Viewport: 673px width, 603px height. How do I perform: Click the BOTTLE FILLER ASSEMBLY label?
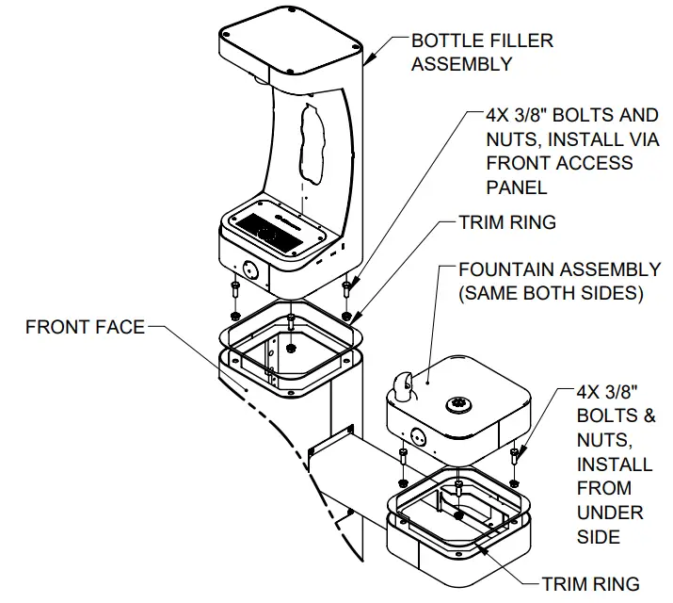(x=482, y=53)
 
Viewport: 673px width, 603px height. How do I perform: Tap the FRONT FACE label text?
(x=85, y=327)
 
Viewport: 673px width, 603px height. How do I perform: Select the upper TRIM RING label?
(x=506, y=222)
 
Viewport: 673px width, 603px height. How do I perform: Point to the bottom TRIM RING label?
(x=590, y=583)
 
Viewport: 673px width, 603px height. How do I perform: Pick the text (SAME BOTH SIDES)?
(x=550, y=293)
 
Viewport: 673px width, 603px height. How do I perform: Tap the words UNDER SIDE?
(x=609, y=525)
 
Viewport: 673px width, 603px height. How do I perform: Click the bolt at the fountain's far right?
(x=515, y=456)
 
